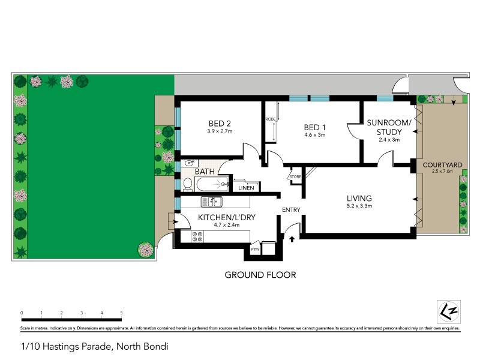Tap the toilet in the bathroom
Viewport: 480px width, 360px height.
[187, 184]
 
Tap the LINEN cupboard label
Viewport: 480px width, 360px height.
[246, 188]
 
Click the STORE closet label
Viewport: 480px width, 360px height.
[295, 176]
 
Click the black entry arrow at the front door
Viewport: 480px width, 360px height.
[292, 239]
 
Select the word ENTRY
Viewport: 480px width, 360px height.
[291, 209]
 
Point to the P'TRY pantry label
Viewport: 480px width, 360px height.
[255, 248]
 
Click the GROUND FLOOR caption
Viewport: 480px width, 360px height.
[260, 275]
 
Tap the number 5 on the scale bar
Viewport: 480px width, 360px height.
[122, 313]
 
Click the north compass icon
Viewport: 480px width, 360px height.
[445, 311]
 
